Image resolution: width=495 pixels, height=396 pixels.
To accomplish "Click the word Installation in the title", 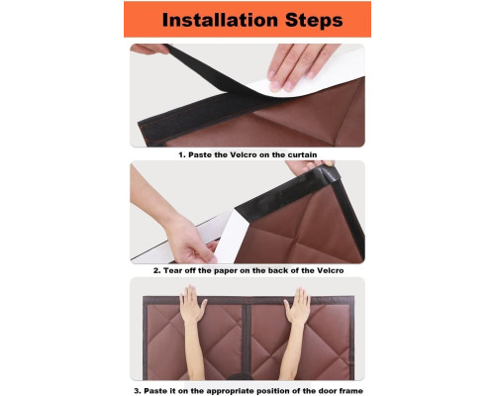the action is point(220,20).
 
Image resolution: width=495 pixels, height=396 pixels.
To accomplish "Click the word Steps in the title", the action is point(314,20).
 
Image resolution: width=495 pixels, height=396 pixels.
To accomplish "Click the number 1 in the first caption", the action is point(181,154).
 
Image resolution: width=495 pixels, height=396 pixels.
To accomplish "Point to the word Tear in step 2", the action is point(173,270).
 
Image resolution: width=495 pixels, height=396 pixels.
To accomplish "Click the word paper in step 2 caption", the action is point(226,271).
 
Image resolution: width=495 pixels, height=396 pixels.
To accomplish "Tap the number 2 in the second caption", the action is point(156,270).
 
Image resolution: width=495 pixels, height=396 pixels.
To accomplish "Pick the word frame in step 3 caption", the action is point(351,391).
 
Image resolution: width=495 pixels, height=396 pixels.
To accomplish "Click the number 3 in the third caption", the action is point(138,391).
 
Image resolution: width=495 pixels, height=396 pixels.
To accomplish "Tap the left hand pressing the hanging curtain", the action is point(193,305).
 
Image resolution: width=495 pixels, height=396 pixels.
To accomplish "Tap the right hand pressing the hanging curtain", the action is point(298,306).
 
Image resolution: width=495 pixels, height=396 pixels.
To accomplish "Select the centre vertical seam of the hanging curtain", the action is point(247,340).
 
